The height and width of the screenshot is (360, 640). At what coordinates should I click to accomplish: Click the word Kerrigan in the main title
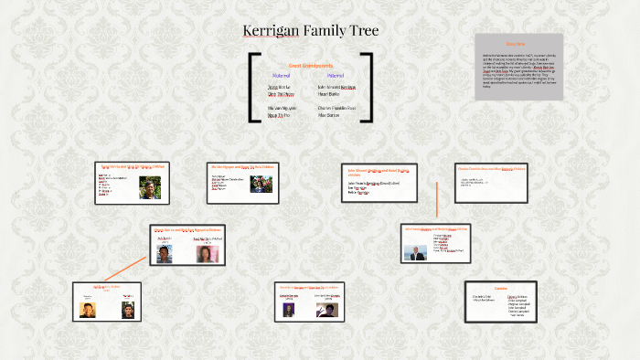pos(273,31)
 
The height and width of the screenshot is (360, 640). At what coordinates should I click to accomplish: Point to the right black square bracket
pos(368,88)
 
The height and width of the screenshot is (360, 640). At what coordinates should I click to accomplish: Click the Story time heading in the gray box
pos(516,44)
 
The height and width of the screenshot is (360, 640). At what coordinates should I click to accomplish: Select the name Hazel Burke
pos(328,93)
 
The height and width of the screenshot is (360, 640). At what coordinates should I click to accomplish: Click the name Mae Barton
pos(328,115)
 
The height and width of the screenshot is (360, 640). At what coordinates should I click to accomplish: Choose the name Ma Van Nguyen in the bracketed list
pos(283,108)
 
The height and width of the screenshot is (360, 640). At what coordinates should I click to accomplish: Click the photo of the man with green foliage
pos(147,186)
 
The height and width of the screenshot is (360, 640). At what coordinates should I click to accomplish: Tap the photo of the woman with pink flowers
pos(207,252)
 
